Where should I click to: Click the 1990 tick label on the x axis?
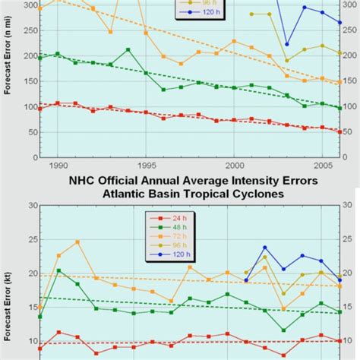coord(58,164)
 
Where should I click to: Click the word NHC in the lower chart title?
coord(84,181)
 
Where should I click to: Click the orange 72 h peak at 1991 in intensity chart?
coord(77,242)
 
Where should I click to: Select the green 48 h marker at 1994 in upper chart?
coord(128,49)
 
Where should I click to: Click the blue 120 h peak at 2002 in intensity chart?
coord(265,248)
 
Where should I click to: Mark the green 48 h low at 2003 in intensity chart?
coord(283,330)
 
